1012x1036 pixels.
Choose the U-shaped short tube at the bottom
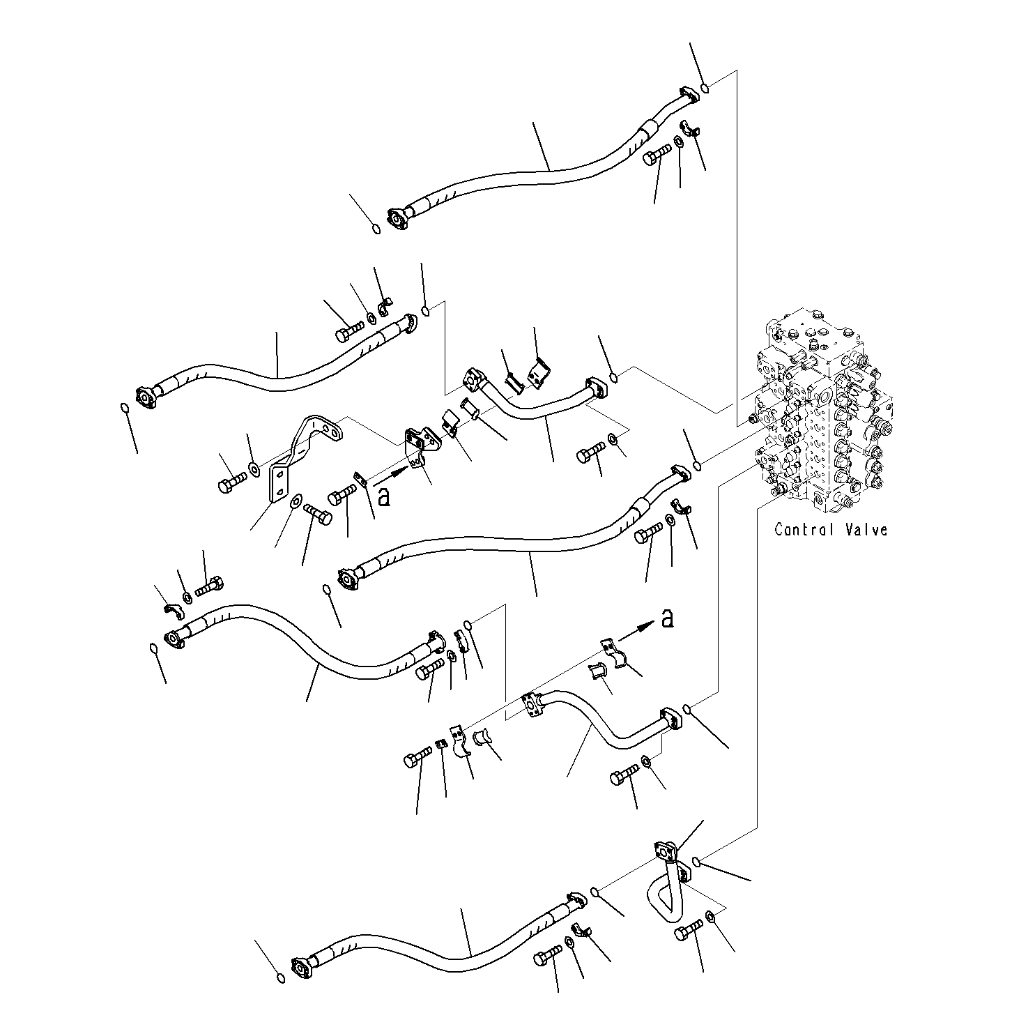(662, 885)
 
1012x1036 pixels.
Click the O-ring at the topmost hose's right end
(705, 89)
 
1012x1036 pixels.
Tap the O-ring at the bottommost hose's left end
(280, 978)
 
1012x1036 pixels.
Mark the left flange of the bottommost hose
(301, 968)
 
